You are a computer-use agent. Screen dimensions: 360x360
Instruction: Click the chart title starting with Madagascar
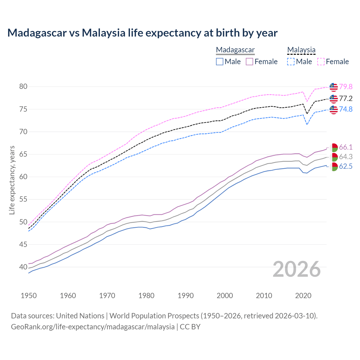click(x=142, y=33)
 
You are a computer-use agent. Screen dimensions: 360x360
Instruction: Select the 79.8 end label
click(x=346, y=87)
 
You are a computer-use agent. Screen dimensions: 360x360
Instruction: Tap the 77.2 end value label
click(x=346, y=98)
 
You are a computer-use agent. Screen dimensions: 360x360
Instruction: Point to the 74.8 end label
click(x=346, y=109)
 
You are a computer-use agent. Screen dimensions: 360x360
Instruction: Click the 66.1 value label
click(x=346, y=147)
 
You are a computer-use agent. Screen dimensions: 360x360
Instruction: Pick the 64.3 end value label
click(x=346, y=157)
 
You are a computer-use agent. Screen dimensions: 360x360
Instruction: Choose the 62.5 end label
click(x=346, y=166)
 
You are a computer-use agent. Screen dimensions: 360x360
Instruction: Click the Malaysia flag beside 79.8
click(x=334, y=87)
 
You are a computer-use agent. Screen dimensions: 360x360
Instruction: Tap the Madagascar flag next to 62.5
click(x=334, y=166)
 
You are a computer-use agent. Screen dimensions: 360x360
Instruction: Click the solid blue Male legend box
click(x=220, y=62)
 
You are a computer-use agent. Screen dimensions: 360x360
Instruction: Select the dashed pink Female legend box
click(x=321, y=62)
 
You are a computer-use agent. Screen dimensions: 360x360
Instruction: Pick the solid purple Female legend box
click(x=249, y=62)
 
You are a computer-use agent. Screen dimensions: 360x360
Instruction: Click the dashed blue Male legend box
click(x=291, y=62)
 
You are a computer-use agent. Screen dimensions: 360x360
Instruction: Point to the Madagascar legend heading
click(x=235, y=50)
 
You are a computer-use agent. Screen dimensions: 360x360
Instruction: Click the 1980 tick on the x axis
click(x=146, y=296)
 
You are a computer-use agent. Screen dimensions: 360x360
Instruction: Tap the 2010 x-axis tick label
click(x=264, y=296)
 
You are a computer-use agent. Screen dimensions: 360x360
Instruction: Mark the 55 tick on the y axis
click(x=23, y=199)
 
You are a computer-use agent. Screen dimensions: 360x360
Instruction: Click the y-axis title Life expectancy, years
click(x=12, y=180)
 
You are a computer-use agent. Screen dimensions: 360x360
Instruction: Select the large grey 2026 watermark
click(x=297, y=269)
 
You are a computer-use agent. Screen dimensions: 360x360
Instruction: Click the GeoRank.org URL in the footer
click(x=93, y=327)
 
